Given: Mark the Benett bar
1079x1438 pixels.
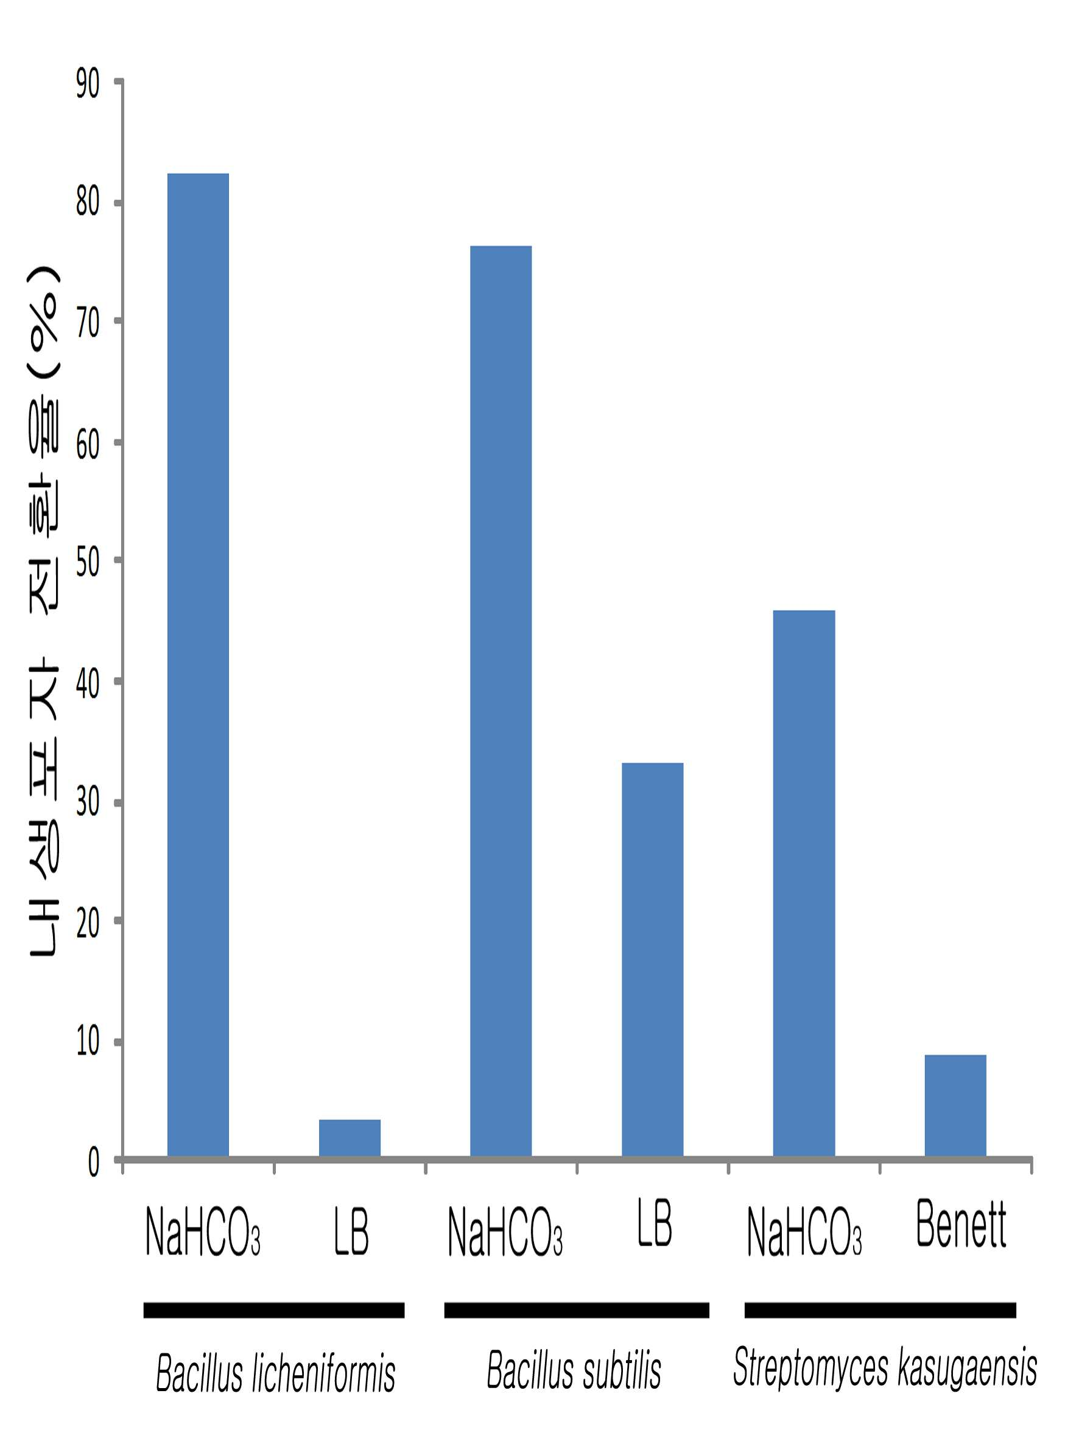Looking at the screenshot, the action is (x=955, y=1106).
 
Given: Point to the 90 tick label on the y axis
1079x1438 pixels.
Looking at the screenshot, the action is (x=88, y=84).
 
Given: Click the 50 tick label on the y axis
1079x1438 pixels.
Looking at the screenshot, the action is (x=88, y=563).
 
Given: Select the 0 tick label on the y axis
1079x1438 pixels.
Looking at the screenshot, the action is (x=94, y=1162).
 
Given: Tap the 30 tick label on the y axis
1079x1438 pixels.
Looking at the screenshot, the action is (x=88, y=802).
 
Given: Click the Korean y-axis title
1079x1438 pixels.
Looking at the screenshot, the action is (x=44, y=611).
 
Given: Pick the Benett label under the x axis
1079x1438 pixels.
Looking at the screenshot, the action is (x=961, y=1224).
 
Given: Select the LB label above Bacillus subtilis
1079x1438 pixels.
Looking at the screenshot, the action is (x=655, y=1223).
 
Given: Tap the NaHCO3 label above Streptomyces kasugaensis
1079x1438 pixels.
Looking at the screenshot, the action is (x=804, y=1232).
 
